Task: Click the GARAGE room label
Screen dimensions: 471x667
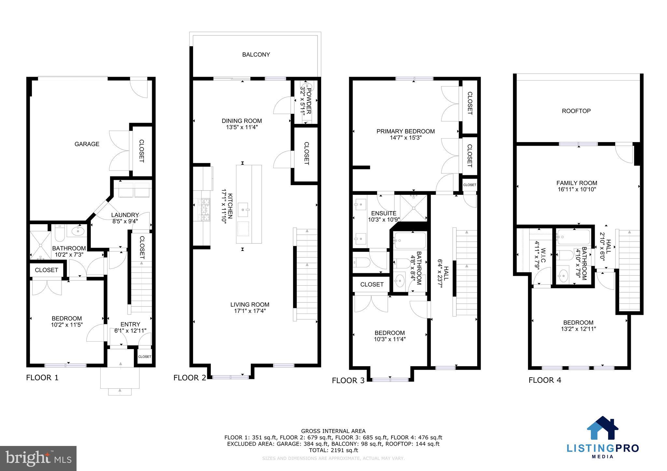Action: tap(87, 144)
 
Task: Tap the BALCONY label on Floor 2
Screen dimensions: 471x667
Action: tap(256, 55)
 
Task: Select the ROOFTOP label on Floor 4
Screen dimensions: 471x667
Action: tap(576, 111)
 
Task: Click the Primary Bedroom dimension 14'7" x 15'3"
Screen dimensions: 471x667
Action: tap(405, 138)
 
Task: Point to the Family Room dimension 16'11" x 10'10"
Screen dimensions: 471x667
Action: tap(576, 189)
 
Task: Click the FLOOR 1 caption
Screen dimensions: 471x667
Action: tap(42, 378)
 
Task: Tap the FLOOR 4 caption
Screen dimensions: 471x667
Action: tap(545, 380)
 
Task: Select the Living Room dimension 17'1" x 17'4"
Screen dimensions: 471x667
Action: tap(250, 311)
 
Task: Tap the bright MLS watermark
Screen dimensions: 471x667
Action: tap(38, 458)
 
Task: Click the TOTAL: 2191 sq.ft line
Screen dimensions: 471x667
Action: tap(333, 450)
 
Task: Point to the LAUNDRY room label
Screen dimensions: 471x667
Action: tap(125, 215)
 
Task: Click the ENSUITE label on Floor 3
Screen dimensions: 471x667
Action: tap(384, 213)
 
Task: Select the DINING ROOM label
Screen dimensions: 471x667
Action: tap(242, 121)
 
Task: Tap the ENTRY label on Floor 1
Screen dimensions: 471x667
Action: tap(130, 324)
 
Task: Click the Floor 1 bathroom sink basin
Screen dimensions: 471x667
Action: tap(77, 231)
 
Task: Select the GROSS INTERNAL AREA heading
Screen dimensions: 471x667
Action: tap(333, 431)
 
